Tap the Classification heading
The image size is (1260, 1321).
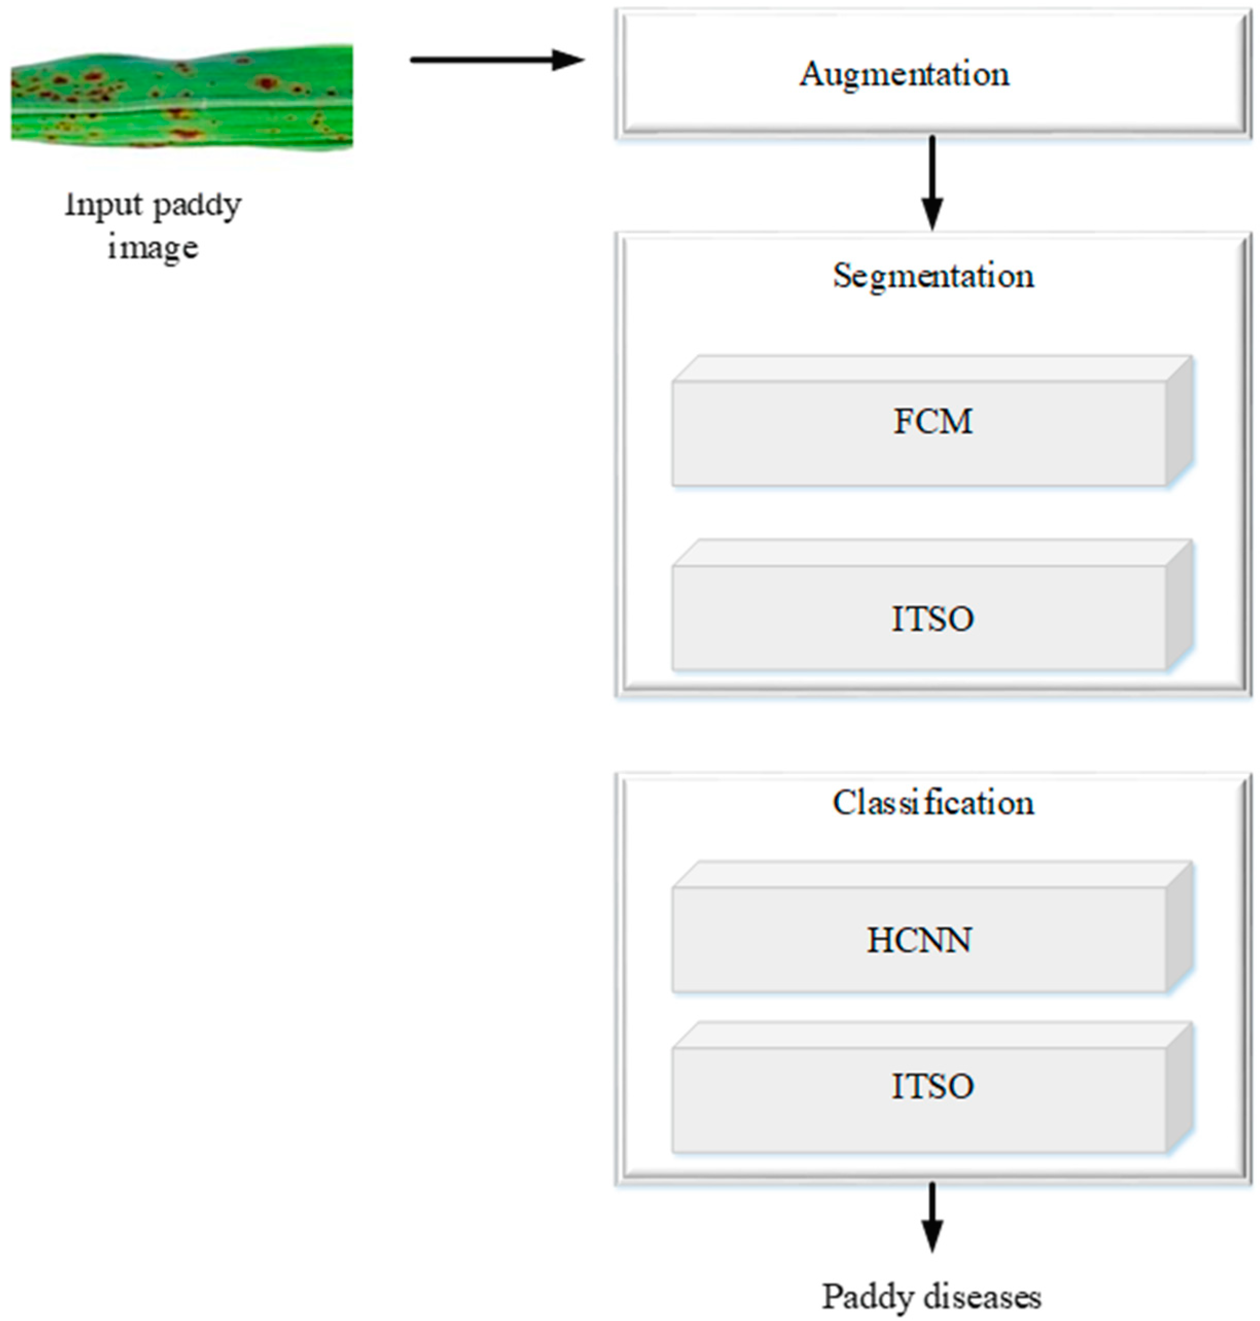coord(933,802)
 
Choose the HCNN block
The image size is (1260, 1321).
coord(919,939)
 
